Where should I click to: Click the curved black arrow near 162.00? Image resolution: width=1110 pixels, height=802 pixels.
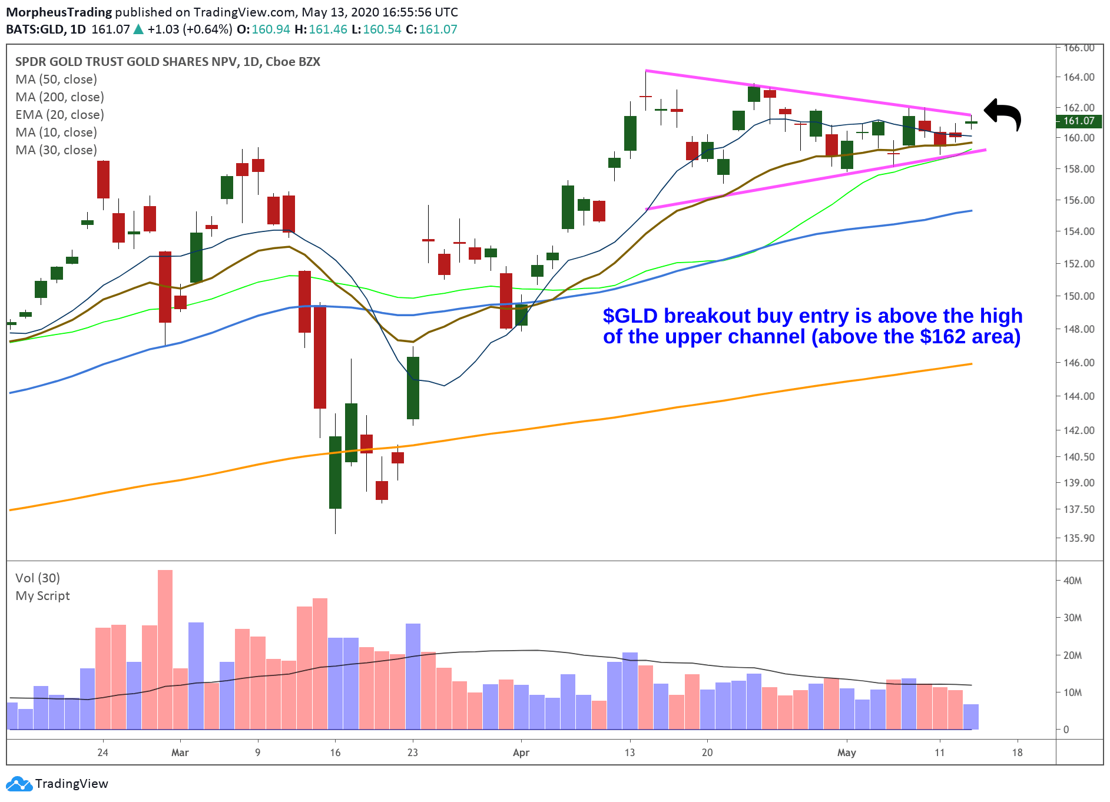(x=1004, y=113)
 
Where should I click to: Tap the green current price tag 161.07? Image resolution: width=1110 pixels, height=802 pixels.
(x=1079, y=121)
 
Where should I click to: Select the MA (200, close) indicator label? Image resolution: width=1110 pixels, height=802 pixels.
(x=59, y=97)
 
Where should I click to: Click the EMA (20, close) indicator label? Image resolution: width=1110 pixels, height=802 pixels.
(x=59, y=115)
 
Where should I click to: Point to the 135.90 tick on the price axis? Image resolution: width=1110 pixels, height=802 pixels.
(x=1079, y=538)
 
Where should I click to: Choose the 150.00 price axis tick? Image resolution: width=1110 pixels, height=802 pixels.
(x=1079, y=296)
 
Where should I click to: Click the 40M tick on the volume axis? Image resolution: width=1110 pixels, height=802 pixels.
(x=1072, y=581)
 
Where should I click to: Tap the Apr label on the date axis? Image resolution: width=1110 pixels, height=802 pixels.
(x=521, y=753)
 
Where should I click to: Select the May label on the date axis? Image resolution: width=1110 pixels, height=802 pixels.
(x=847, y=753)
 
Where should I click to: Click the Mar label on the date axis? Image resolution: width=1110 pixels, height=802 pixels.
(x=180, y=753)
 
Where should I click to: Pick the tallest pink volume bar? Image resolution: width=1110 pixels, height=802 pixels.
(x=165, y=648)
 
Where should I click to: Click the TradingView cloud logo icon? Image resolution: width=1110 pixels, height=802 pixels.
(x=19, y=784)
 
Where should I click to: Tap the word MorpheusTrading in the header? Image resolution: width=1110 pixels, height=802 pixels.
(x=59, y=12)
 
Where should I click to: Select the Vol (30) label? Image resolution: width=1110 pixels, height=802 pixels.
(x=38, y=578)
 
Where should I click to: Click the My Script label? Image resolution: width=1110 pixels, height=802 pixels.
(x=42, y=596)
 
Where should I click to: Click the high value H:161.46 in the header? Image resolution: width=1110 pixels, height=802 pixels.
(x=321, y=29)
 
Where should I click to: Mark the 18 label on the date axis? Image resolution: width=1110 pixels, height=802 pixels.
(x=1017, y=753)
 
